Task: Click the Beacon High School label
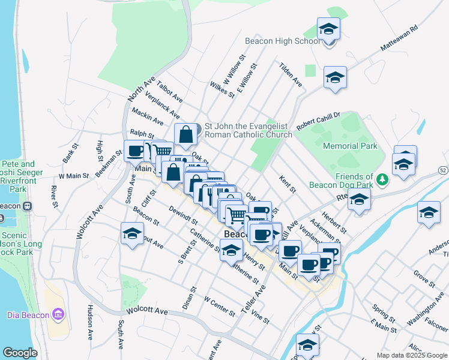pos(282,41)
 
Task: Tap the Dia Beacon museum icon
pos(58,314)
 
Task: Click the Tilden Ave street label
pos(290,75)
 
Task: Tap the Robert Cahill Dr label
pos(318,118)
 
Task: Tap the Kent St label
pos(288,184)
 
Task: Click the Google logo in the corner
pos(20,353)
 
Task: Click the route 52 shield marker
pos(443,172)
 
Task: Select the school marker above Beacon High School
pos(328,29)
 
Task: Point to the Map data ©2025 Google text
pos(412,355)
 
